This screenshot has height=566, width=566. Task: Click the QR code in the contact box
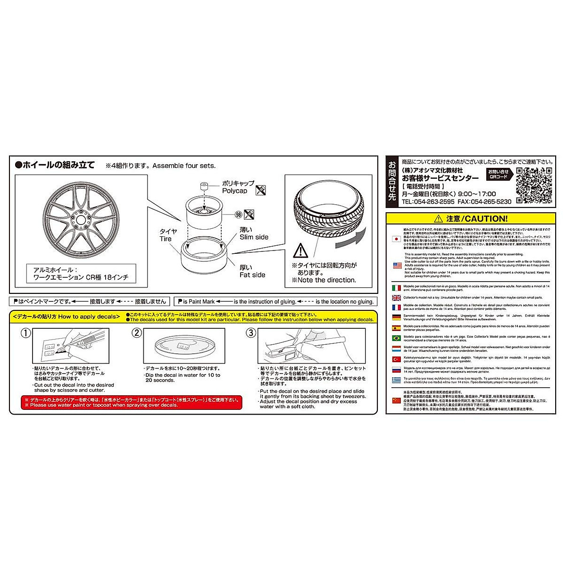(x=534, y=185)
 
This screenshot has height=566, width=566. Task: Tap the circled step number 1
(x=26, y=333)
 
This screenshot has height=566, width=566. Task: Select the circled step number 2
(x=136, y=333)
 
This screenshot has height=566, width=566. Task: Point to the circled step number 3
(x=251, y=333)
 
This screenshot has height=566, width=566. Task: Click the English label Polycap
(x=234, y=191)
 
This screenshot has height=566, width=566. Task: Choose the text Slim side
(x=254, y=237)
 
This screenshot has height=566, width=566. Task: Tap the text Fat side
(x=252, y=275)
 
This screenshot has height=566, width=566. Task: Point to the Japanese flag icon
(x=396, y=239)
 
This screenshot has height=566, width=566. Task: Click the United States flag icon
(x=396, y=266)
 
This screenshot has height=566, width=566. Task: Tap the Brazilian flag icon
(x=396, y=338)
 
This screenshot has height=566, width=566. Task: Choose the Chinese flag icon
(x=396, y=400)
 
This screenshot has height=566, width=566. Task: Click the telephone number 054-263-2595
(x=428, y=201)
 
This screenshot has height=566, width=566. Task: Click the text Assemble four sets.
(x=184, y=166)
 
